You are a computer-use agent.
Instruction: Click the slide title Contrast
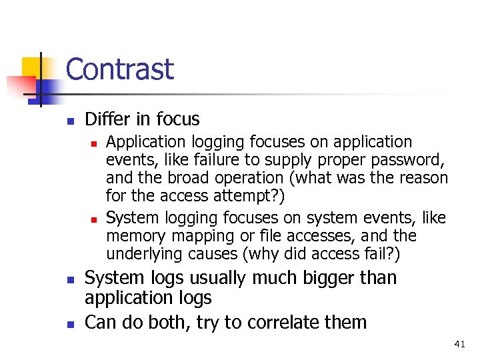119,69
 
